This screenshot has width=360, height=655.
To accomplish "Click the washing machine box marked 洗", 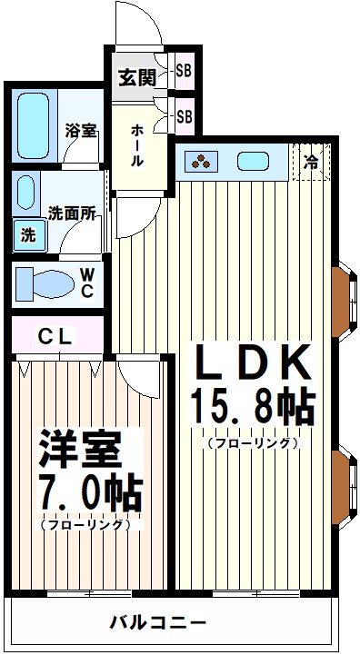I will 29,234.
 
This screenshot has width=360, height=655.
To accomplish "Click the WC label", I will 87,282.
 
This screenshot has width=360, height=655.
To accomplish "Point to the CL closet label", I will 55,336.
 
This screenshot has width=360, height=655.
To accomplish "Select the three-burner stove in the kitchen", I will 201,162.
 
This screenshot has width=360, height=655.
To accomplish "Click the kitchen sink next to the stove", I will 254,162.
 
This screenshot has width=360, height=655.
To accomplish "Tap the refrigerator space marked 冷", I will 312,163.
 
